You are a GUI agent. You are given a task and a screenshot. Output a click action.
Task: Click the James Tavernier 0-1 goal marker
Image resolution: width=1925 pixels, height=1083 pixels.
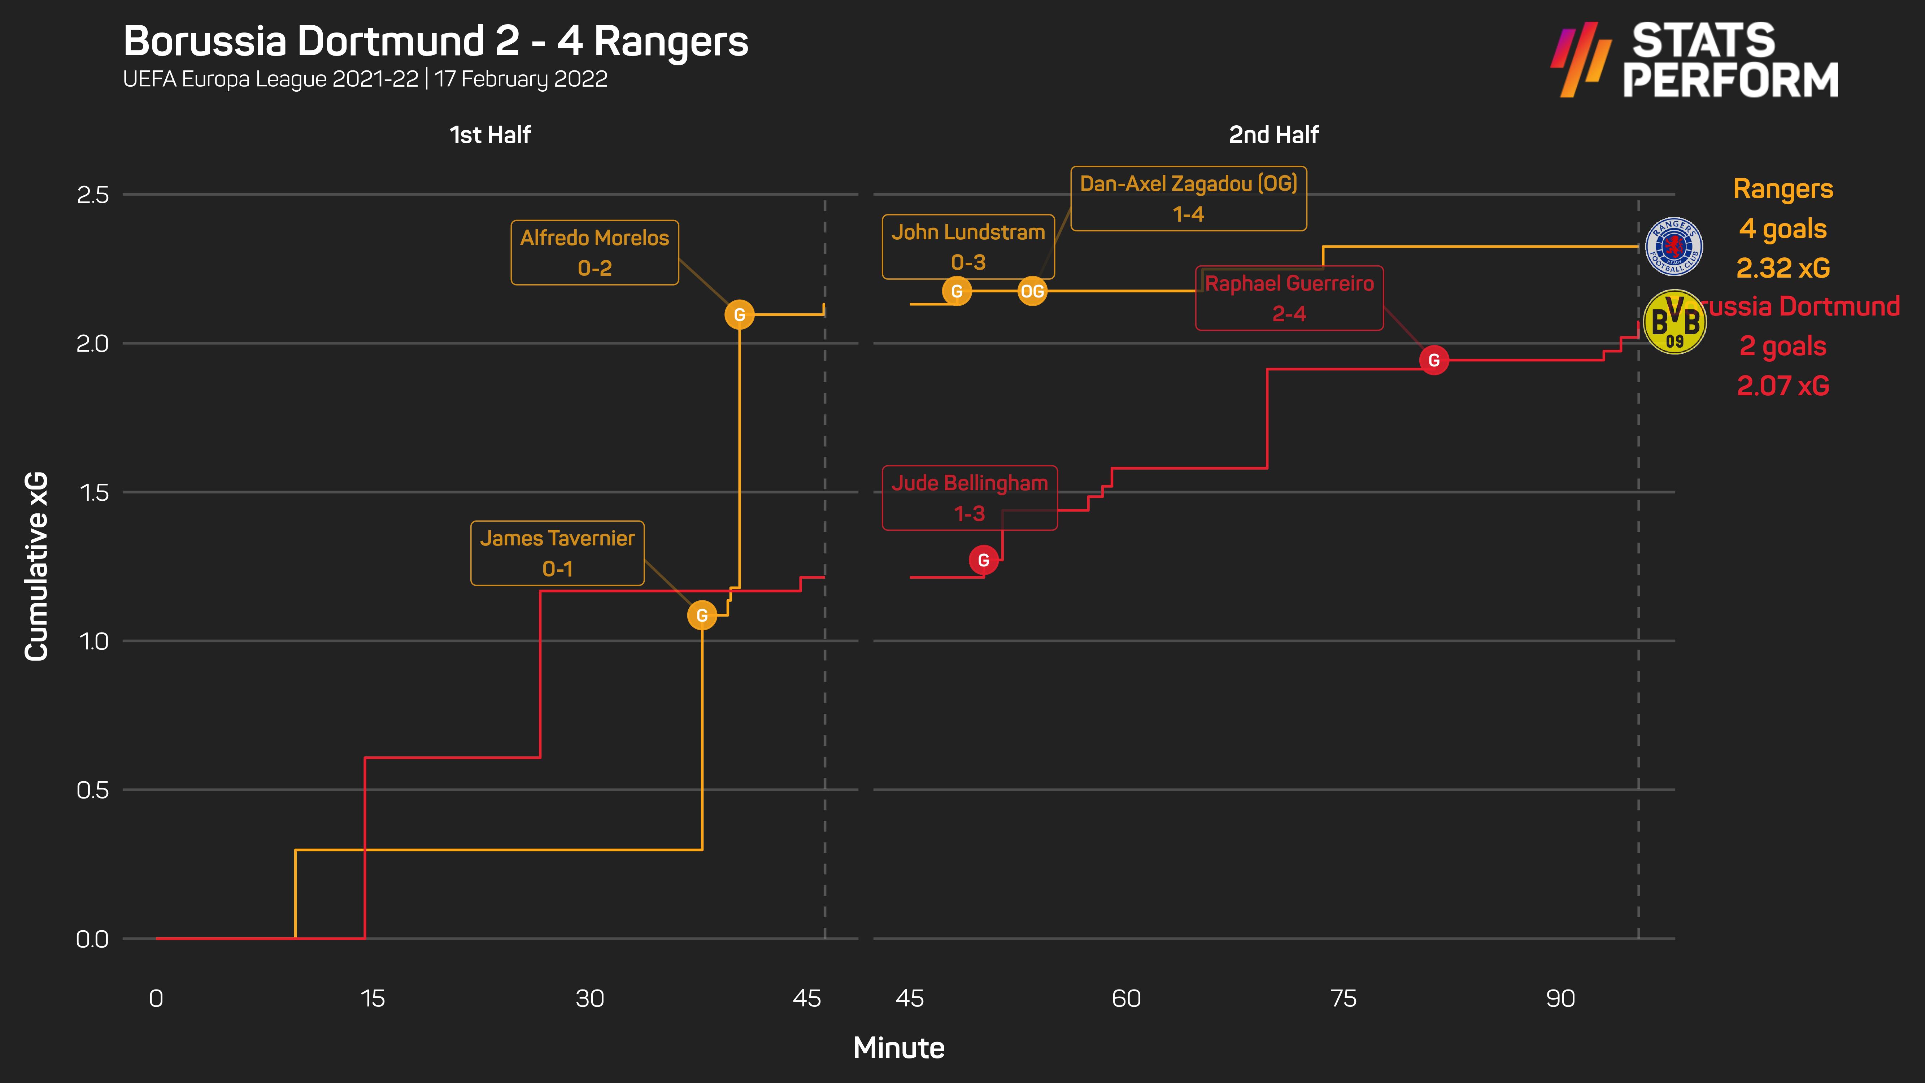(x=702, y=615)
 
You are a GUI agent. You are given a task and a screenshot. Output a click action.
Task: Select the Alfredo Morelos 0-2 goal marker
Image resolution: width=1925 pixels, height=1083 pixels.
(x=739, y=315)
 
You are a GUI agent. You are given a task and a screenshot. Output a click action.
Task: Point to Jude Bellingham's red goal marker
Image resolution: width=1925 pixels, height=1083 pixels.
(x=983, y=560)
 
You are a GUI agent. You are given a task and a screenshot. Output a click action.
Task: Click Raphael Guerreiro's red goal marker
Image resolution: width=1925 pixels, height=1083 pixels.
(x=1433, y=360)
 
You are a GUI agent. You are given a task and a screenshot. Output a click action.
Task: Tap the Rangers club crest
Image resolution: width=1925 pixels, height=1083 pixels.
(x=1674, y=247)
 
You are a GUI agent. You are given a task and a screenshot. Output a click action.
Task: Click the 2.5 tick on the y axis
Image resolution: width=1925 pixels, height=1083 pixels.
(x=93, y=195)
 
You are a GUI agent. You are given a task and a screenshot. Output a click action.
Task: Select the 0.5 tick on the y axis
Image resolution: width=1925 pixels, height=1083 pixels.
(x=93, y=790)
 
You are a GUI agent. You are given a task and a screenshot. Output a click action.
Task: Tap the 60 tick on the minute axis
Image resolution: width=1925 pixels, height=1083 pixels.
(x=1126, y=999)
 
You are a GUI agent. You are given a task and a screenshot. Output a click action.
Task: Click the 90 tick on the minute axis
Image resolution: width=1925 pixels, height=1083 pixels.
(x=1560, y=999)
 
